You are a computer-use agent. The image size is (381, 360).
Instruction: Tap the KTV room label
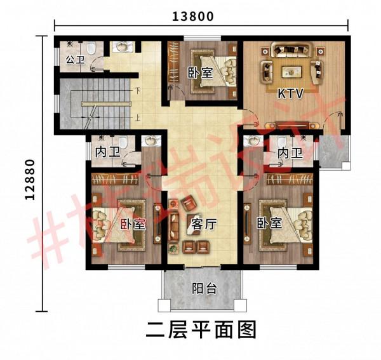click(291, 93)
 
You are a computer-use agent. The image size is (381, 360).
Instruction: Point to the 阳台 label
click(204, 288)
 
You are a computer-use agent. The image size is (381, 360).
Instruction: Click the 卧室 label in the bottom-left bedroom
click(133, 224)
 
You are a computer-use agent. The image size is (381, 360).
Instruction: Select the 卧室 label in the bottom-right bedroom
click(269, 224)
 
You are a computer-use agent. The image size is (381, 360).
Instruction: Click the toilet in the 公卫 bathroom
click(90, 48)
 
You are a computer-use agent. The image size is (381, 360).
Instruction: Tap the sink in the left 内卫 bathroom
click(150, 141)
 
